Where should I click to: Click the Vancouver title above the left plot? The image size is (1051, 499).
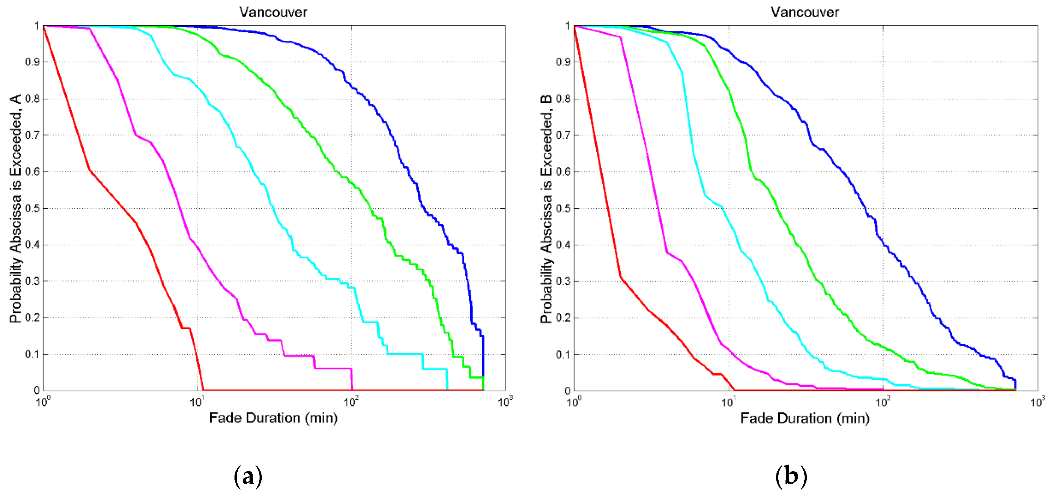point(273,12)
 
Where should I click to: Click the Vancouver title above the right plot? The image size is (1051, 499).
point(804,12)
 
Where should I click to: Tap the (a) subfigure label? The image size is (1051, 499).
point(248,476)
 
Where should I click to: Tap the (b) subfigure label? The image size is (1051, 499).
point(791,476)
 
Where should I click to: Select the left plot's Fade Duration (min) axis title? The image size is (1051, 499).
point(273,418)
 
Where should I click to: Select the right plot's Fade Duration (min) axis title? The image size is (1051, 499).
point(805,418)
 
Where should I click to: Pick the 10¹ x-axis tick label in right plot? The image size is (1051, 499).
point(728,402)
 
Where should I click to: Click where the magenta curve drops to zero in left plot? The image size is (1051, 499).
point(352,389)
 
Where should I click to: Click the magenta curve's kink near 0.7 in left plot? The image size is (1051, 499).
point(136,135)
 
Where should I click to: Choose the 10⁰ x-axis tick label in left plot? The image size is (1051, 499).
point(43,402)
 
